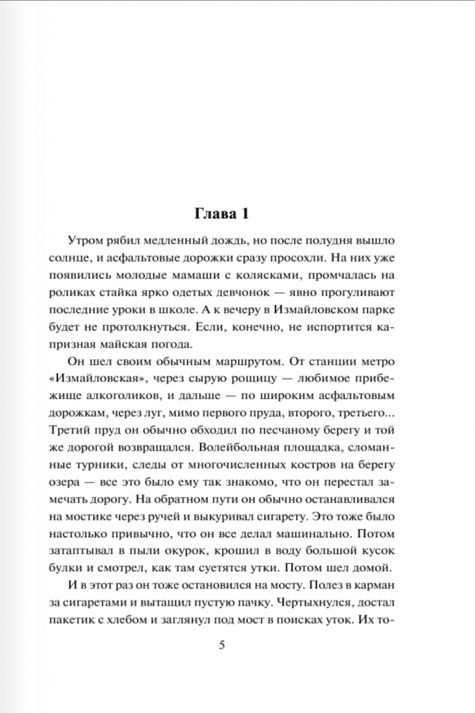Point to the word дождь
click(231, 240)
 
